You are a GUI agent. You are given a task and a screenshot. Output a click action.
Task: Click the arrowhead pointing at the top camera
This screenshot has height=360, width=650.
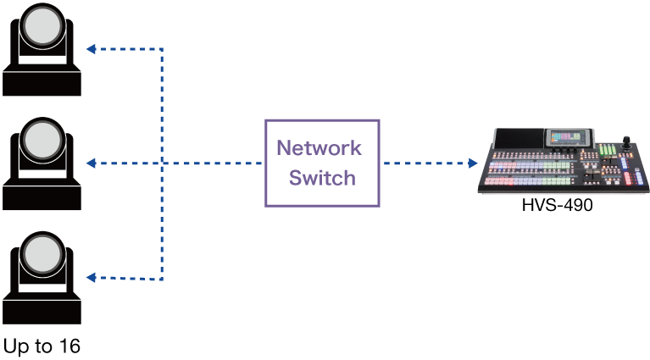91,49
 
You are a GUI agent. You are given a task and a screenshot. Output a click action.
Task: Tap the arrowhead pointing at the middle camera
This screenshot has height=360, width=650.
91,163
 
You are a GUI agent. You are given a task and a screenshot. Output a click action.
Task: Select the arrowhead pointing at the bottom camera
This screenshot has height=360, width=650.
91,278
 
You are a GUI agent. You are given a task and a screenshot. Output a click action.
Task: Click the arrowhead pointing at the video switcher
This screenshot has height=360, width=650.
473,163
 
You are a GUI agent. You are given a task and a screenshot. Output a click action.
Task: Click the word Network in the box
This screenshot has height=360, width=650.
319,148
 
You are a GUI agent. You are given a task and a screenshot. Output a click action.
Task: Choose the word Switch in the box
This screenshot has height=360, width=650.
322,178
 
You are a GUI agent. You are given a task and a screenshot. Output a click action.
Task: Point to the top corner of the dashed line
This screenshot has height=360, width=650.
162,49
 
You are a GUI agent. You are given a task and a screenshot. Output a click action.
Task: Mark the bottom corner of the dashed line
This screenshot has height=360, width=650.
162,278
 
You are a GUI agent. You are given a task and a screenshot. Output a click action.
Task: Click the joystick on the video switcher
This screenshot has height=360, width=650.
627,142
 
